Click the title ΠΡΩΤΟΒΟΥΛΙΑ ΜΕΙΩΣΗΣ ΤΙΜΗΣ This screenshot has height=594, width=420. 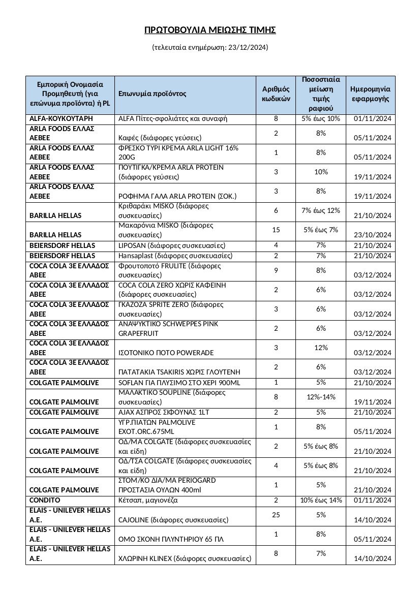(x=210, y=30)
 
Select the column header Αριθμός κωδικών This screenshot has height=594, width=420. (x=276, y=93)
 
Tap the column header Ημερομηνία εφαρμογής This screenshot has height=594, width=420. (x=371, y=93)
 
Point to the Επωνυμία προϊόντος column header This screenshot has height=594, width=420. (x=153, y=94)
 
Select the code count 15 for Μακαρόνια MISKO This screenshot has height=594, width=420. (x=276, y=230)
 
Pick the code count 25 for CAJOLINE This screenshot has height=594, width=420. (x=276, y=515)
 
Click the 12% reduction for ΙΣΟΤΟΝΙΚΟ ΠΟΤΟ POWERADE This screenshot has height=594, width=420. (x=321, y=348)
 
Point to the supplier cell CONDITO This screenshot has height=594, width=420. (x=45, y=501)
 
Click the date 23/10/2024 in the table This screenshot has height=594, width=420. (x=373, y=235)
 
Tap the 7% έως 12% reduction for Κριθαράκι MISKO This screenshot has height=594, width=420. (x=321, y=210)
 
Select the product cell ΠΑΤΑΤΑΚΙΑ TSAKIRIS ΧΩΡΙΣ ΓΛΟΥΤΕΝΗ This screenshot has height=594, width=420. (x=176, y=372)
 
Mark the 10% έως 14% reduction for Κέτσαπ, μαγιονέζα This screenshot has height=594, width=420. (x=321, y=501)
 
